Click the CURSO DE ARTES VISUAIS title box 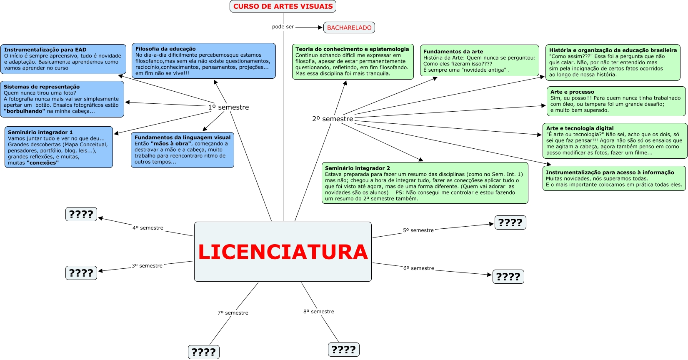tap(283, 6)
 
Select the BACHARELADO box tap(349, 27)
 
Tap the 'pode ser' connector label tap(283, 27)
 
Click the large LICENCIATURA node tap(283, 252)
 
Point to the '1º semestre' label tap(228, 107)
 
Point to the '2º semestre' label tap(333, 119)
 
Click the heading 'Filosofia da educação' tap(165, 49)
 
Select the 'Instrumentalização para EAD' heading tap(45, 50)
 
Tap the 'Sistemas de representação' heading tap(42, 87)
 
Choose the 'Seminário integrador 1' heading tap(40, 132)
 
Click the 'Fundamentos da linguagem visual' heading tap(183, 137)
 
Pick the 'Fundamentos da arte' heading tap(453, 52)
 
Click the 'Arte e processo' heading tap(572, 92)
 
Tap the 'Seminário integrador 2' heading tap(358, 168)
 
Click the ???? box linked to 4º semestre tap(81, 214)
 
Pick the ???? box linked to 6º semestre tap(508, 277)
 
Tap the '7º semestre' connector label tap(233, 313)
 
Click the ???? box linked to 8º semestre tap(344, 350)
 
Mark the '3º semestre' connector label tap(147, 266)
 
